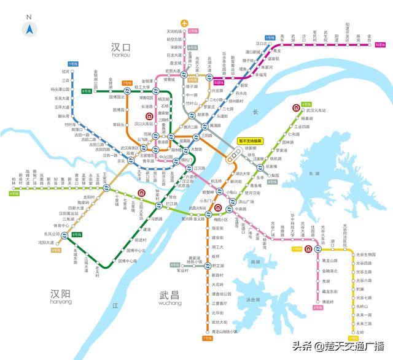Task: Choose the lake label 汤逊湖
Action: click(x=253, y=300)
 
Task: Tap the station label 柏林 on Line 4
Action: click(x=14, y=180)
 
